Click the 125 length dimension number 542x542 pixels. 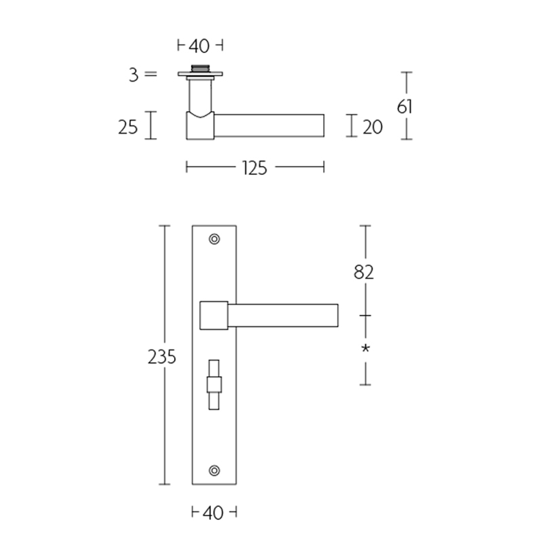[255, 168]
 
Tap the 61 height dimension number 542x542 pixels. [405, 106]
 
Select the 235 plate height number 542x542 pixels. [162, 357]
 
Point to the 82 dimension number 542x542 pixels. [364, 272]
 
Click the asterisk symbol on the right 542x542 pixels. [365, 348]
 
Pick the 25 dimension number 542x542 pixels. [128, 127]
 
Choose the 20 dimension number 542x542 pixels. [372, 127]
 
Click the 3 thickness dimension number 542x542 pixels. [134, 75]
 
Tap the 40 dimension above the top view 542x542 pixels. [199, 46]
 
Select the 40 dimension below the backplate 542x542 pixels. [213, 513]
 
